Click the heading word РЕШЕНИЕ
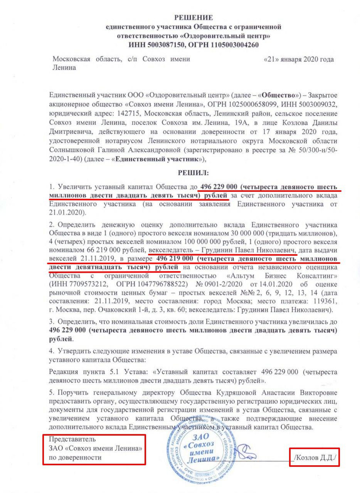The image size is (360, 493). [x=193, y=18]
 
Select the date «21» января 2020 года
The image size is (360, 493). [x=298, y=59]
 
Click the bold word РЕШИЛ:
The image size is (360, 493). [x=193, y=174]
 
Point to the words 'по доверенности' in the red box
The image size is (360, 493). [x=75, y=458]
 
